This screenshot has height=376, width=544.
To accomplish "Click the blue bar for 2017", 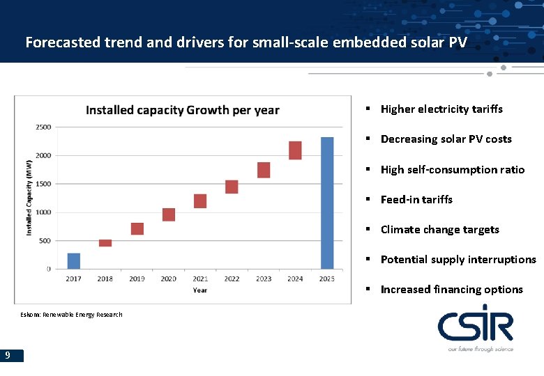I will pyautogui.click(x=73, y=261).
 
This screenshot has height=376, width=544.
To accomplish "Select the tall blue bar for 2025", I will pyautogui.click(x=326, y=203).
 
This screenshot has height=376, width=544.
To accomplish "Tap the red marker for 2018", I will pyautogui.click(x=105, y=243).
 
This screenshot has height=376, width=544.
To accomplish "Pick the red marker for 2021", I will pyautogui.click(x=200, y=201).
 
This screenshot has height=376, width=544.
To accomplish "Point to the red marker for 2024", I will pyautogui.click(x=295, y=150).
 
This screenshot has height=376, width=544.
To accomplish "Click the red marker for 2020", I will pyautogui.click(x=169, y=214).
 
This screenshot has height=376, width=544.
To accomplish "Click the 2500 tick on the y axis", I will pyautogui.click(x=43, y=127).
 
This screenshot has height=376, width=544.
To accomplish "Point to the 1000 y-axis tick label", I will pyautogui.click(x=43, y=212).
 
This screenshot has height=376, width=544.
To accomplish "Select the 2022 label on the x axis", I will pyautogui.click(x=232, y=279).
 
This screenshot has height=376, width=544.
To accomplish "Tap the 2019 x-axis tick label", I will pyautogui.click(x=137, y=279).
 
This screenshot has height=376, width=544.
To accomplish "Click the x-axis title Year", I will pyautogui.click(x=200, y=290).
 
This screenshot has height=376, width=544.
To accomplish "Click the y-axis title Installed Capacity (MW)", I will pyautogui.click(x=29, y=198).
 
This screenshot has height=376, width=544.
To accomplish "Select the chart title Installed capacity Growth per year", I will pyautogui.click(x=182, y=110).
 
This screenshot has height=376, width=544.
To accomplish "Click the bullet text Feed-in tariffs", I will pyautogui.click(x=416, y=200).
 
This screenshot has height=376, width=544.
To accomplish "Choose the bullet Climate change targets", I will pyautogui.click(x=439, y=230).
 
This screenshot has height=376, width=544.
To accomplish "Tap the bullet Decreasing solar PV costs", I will pyautogui.click(x=446, y=139).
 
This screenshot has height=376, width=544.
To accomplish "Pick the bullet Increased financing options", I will pyautogui.click(x=451, y=290).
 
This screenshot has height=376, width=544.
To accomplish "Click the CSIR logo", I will pyautogui.click(x=476, y=327).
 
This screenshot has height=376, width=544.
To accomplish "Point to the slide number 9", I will pyautogui.click(x=7, y=356).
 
